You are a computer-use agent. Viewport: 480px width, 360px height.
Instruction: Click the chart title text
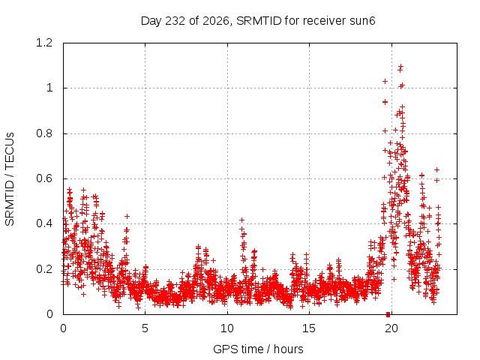pyautogui.click(x=258, y=21)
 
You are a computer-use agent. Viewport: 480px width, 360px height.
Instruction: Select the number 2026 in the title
pyautogui.click(x=215, y=21)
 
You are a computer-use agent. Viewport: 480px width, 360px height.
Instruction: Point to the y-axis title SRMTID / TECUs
pyautogui.click(x=10, y=179)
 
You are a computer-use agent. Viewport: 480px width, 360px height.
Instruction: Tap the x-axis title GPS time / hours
pyautogui.click(x=258, y=349)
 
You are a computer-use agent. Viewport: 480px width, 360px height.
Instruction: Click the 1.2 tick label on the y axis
pyautogui.click(x=44, y=43)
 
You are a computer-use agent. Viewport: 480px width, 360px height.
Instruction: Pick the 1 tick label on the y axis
pyautogui.click(x=49, y=88)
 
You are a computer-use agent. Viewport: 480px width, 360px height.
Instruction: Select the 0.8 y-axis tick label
pyautogui.click(x=44, y=133)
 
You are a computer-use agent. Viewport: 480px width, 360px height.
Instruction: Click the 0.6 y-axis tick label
pyautogui.click(x=44, y=178)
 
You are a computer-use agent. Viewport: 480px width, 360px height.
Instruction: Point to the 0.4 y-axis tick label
pyautogui.click(x=44, y=223)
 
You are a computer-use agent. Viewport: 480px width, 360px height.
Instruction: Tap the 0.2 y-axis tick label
pyautogui.click(x=44, y=269)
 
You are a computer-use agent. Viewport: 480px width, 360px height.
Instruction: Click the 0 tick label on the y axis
pyautogui.click(x=49, y=314)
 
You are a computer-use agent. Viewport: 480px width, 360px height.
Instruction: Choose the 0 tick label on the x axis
pyautogui.click(x=63, y=328)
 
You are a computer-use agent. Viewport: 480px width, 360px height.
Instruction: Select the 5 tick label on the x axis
pyautogui.click(x=145, y=328)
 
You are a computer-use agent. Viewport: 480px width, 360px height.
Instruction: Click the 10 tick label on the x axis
pyautogui.click(x=227, y=328)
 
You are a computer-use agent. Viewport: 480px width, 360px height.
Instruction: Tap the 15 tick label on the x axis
pyautogui.click(x=309, y=328)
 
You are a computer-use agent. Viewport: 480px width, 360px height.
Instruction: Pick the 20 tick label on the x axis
pyautogui.click(x=391, y=328)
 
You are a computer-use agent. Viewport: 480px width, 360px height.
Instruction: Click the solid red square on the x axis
pyautogui.click(x=388, y=314)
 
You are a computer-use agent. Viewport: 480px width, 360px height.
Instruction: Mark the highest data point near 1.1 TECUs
pyautogui.click(x=400, y=66)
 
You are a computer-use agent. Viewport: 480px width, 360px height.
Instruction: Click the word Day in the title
pyautogui.click(x=151, y=21)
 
